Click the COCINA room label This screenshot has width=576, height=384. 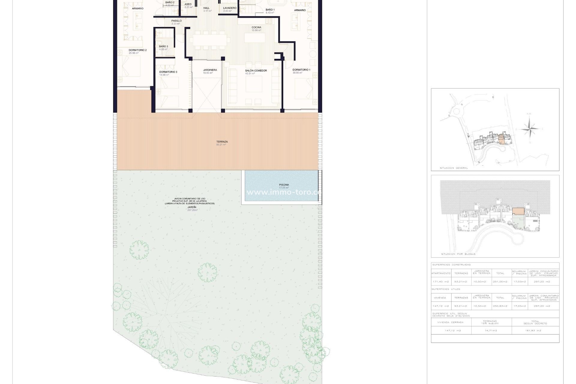coord(256,27)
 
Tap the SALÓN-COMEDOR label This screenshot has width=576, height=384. coord(256,71)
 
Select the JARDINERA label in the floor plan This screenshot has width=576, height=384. coord(210,70)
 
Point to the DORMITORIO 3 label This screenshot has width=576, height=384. coord(168,72)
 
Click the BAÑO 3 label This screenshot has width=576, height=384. coord(163,46)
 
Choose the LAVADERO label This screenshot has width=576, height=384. coord(230,8)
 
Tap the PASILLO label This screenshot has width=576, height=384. coord(176,21)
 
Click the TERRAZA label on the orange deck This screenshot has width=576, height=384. coord(222,142)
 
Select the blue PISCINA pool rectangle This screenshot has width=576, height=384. coord(281,186)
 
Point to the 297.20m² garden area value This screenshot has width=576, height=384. coord(192,210)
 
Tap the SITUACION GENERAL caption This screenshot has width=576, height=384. coord(454,168)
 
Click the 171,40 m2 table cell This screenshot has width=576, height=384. coord(441,282)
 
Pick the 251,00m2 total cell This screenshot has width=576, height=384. coord(500,282)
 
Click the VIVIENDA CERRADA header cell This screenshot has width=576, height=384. coord(450,322)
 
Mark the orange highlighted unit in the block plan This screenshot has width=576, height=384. coord(518,211)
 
